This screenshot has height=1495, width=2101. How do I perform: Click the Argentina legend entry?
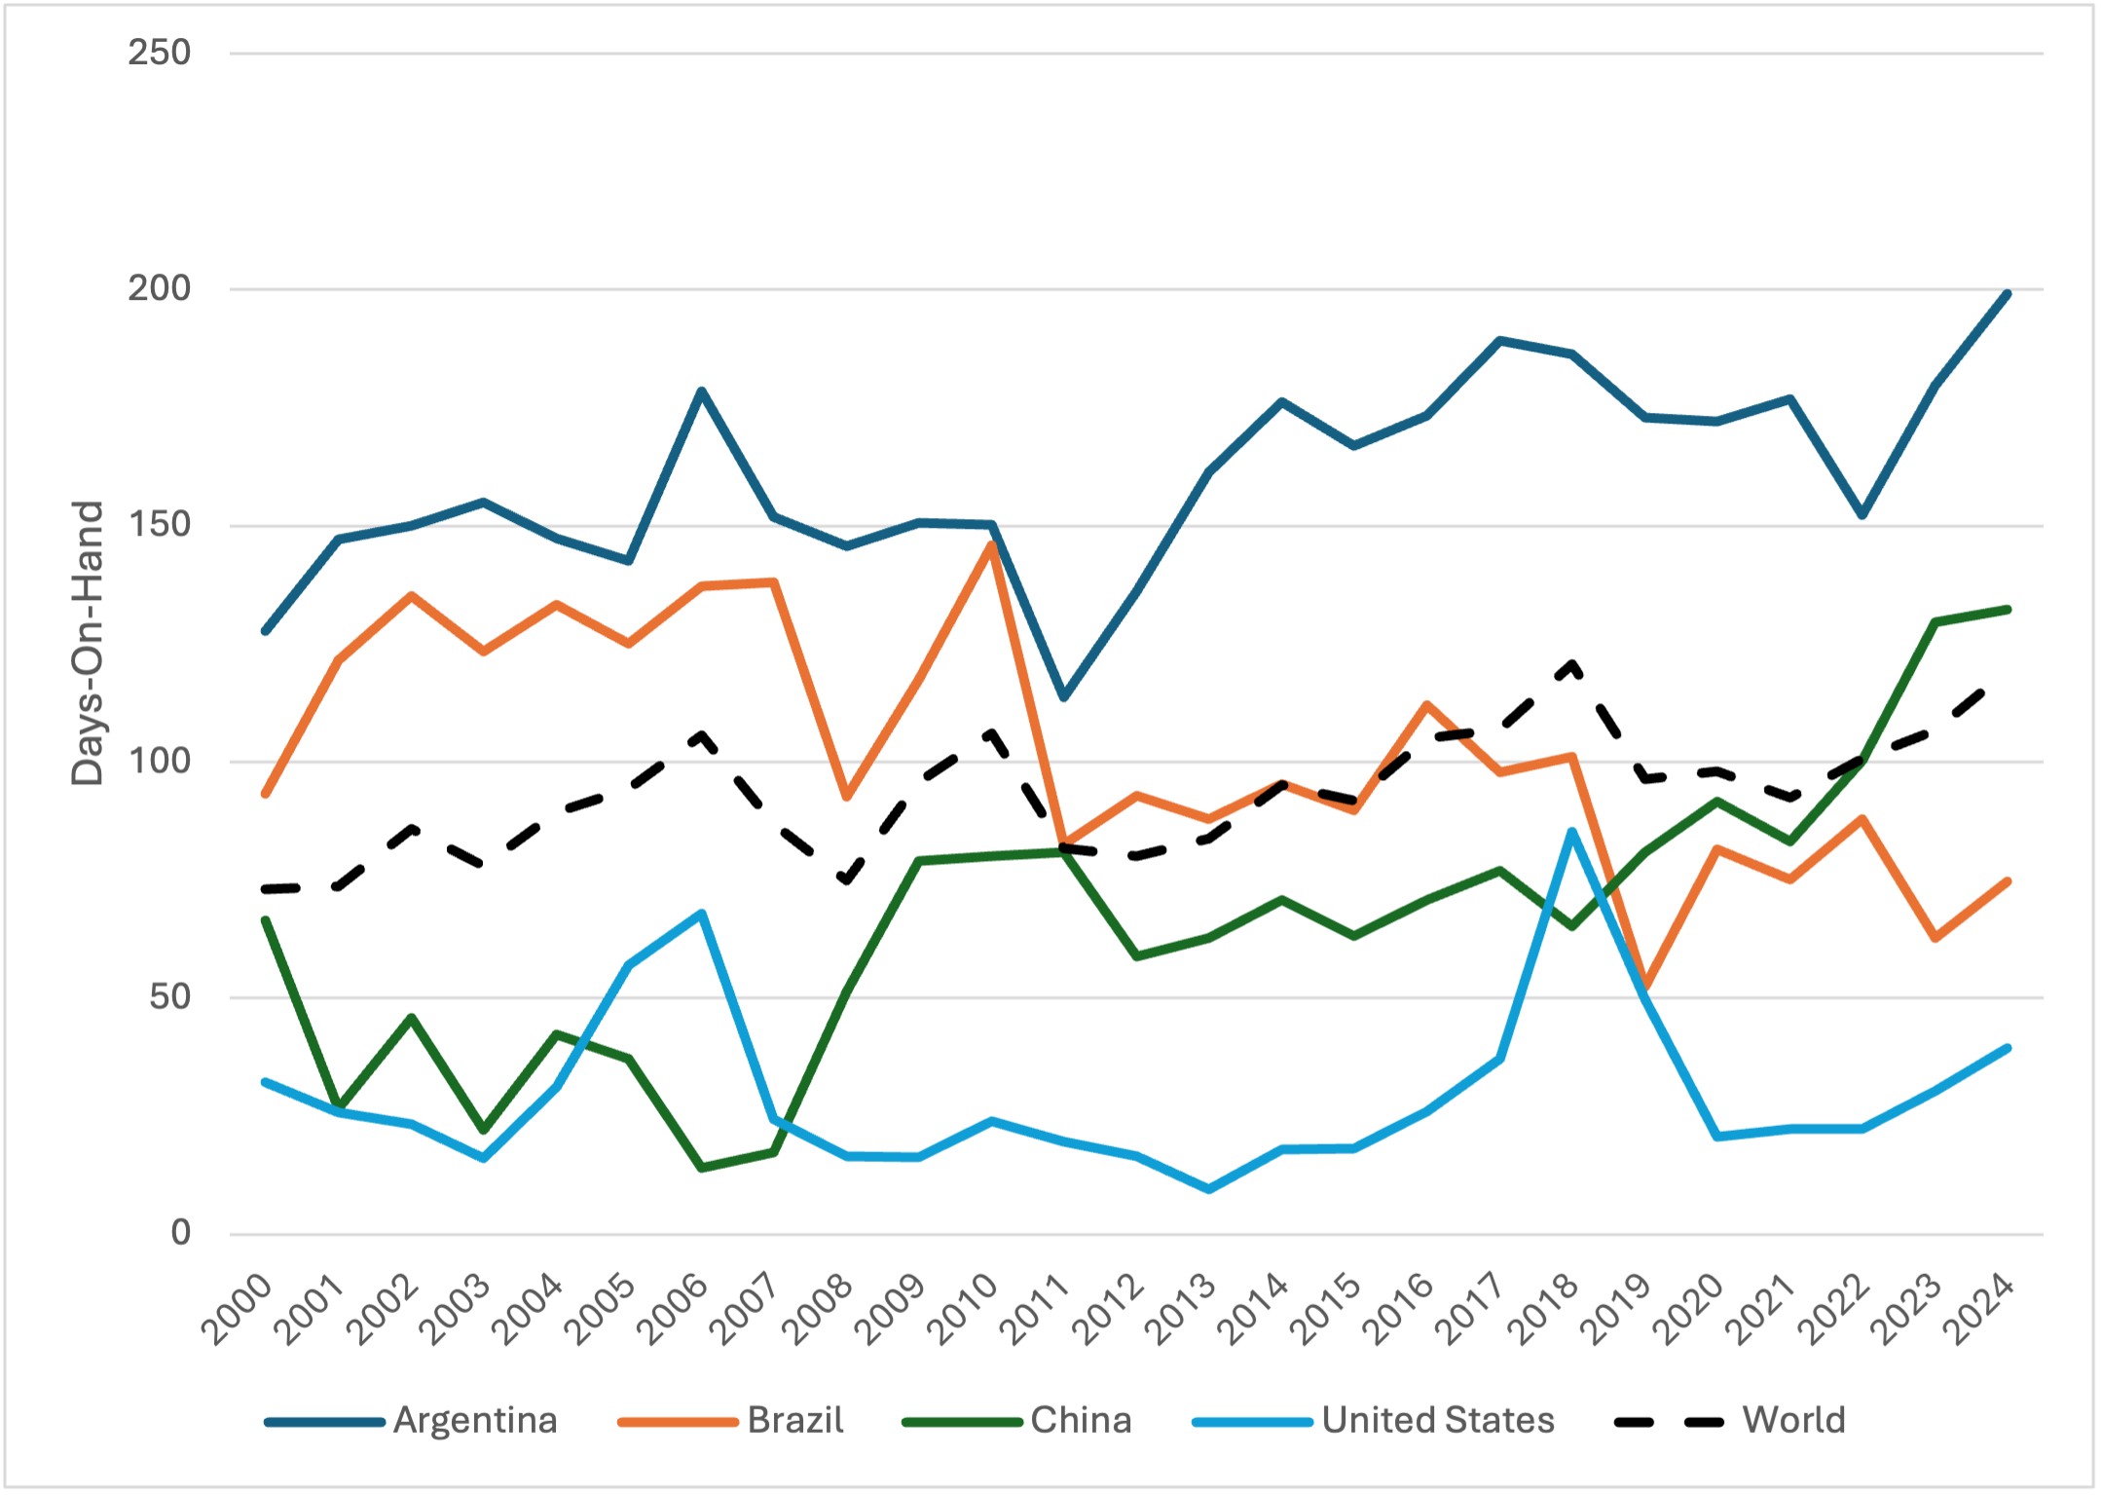411,1421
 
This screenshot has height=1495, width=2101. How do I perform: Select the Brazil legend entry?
730,1421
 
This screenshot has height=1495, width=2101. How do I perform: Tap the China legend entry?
1016,1421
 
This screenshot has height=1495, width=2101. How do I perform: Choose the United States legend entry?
1373,1421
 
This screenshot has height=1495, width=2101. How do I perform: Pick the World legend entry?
1729,1421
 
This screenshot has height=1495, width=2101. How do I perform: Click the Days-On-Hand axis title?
88,644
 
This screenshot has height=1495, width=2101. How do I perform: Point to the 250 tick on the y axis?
160,53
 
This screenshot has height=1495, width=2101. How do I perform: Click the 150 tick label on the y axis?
160,525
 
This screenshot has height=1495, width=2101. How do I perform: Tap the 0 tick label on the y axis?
181,1233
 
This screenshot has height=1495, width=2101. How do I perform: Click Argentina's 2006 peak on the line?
702,392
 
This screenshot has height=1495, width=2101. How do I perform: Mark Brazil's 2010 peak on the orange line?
992,544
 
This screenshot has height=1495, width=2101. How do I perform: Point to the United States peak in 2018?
1572,832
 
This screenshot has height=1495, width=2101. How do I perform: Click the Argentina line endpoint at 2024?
2008,293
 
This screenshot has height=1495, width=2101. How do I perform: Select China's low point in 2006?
702,1167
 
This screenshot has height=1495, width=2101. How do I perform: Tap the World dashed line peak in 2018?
1572,664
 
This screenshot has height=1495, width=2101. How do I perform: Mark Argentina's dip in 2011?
1064,697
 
